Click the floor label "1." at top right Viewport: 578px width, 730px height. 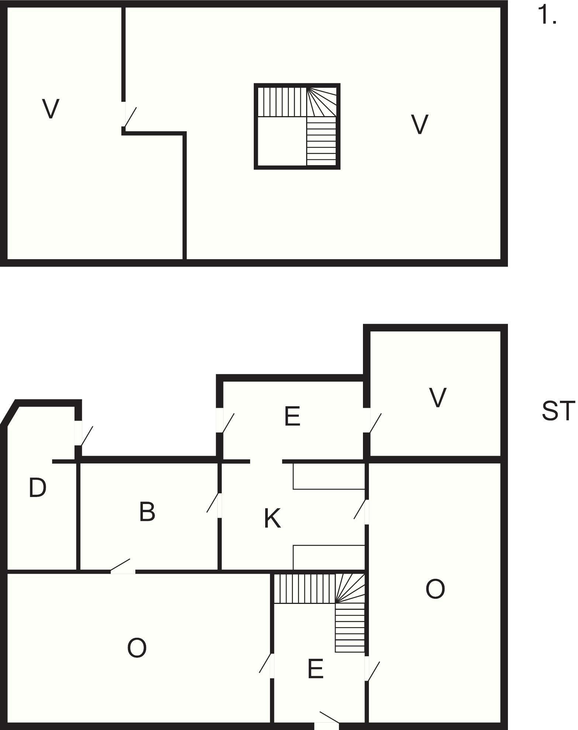(x=547, y=15)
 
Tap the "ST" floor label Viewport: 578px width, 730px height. (x=558, y=411)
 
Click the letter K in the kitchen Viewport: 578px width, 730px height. (x=273, y=518)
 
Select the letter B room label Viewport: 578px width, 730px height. (x=147, y=511)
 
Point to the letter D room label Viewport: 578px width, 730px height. (x=38, y=487)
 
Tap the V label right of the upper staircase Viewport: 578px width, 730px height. (x=419, y=124)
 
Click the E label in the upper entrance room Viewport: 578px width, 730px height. (x=293, y=416)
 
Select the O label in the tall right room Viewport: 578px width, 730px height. (x=435, y=589)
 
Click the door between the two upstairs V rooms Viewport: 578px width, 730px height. (x=130, y=116)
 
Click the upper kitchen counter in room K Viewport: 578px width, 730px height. (x=329, y=476)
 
